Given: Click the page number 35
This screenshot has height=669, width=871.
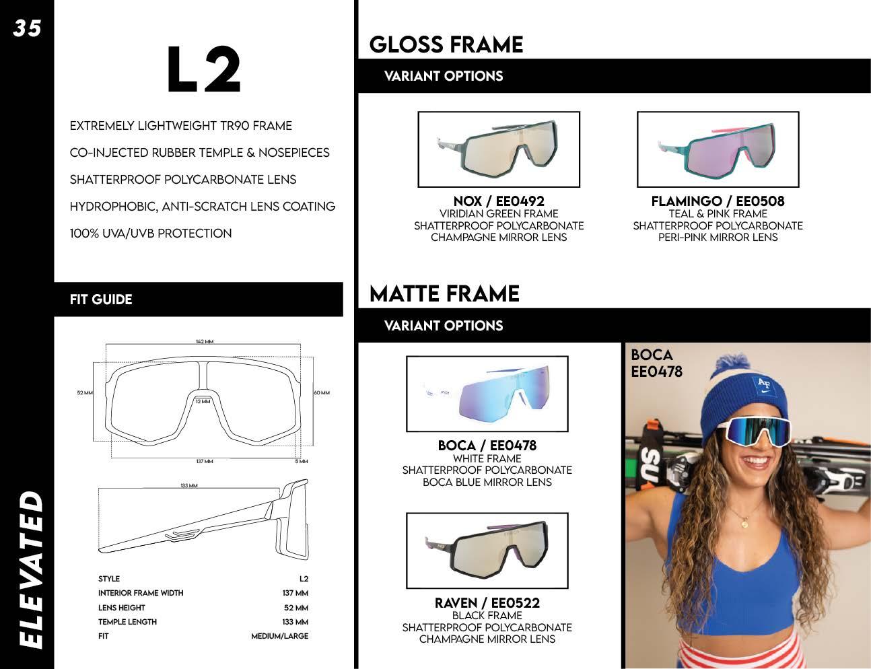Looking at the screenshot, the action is click(27, 28).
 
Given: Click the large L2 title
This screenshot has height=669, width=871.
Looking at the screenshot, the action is click(203, 70).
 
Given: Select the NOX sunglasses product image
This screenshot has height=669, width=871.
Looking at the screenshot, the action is click(498, 149).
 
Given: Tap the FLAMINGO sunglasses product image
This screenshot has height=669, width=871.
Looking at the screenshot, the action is click(718, 149).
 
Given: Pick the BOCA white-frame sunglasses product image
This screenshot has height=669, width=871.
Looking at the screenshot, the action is click(487, 394).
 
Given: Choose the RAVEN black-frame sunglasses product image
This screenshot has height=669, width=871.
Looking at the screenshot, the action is click(487, 551).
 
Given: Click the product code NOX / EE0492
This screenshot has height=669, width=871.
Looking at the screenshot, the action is click(499, 201).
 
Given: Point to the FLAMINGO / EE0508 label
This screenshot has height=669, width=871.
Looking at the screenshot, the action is click(718, 201).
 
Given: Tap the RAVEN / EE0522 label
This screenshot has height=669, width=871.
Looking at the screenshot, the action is click(487, 602).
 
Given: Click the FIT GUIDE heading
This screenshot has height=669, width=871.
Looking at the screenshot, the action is click(101, 300).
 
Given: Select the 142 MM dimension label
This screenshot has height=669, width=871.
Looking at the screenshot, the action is click(205, 342).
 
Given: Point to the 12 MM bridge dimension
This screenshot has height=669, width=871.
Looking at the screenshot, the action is click(203, 401).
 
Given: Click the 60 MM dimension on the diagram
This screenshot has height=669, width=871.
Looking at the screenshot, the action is click(322, 392).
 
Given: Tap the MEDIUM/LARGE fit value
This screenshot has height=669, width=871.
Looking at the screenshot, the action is click(279, 636).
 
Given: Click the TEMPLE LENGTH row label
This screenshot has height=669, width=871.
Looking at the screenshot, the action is click(127, 622).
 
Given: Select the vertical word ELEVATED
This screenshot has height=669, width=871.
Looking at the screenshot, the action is click(28, 569).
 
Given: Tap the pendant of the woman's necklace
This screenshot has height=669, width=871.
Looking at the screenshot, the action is click(744, 523).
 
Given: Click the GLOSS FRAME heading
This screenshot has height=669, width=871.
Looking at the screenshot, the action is click(446, 44).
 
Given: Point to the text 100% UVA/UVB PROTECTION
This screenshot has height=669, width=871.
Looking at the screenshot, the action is click(151, 234).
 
